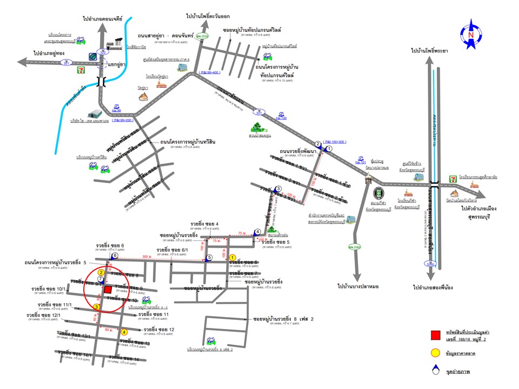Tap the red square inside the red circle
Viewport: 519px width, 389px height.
click(x=108, y=290)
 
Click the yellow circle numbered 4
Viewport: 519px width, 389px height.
click(x=124, y=332)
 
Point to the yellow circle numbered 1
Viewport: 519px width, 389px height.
click(x=232, y=258)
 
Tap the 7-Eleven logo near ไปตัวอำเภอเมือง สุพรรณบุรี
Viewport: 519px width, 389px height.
click(x=453, y=178)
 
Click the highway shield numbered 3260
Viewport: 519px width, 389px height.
click(x=431, y=264)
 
